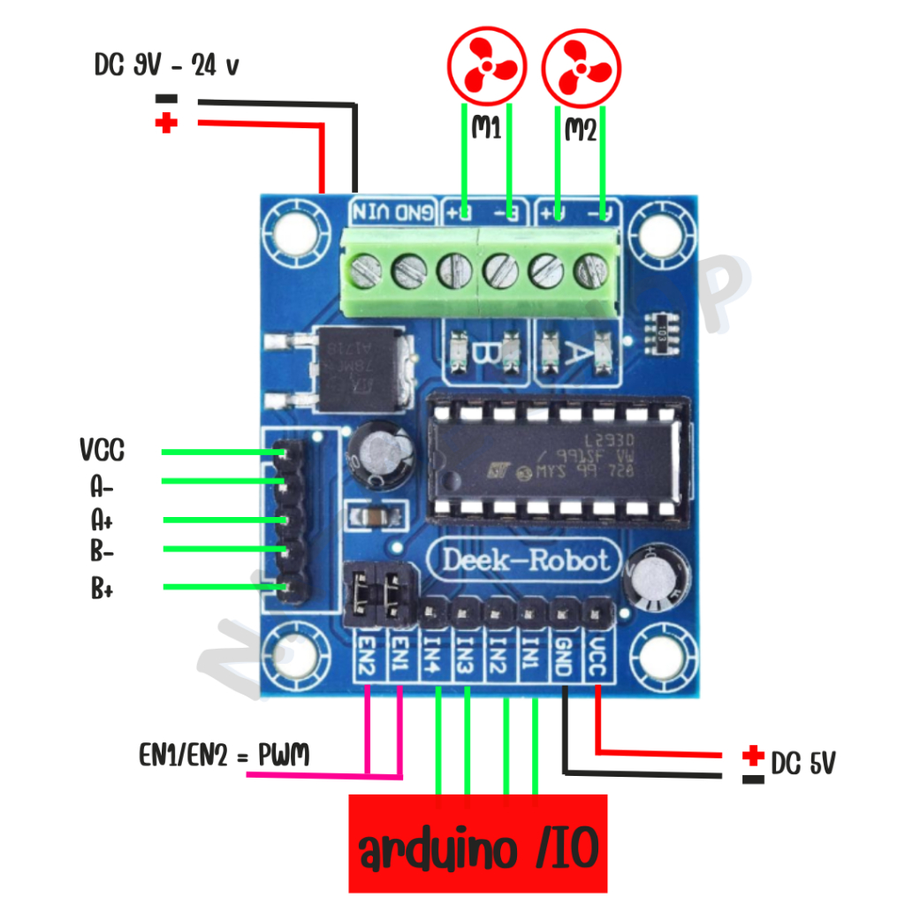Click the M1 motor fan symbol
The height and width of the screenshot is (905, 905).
[487, 68]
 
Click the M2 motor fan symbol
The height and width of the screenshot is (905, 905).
[581, 68]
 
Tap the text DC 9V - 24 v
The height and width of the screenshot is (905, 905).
[166, 65]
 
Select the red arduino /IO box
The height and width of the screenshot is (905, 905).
[478, 844]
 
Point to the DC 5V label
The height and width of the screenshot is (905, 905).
[802, 763]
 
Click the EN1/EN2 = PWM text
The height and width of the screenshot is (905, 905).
[224, 755]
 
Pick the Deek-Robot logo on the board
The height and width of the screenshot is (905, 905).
[525, 560]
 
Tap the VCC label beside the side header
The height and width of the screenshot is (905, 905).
[102, 452]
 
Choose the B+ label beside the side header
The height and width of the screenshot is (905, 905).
[102, 589]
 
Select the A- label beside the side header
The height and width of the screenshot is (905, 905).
[102, 486]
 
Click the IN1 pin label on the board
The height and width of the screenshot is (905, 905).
[531, 653]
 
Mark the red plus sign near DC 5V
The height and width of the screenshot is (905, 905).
[753, 757]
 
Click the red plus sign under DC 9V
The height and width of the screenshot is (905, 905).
[165, 124]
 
